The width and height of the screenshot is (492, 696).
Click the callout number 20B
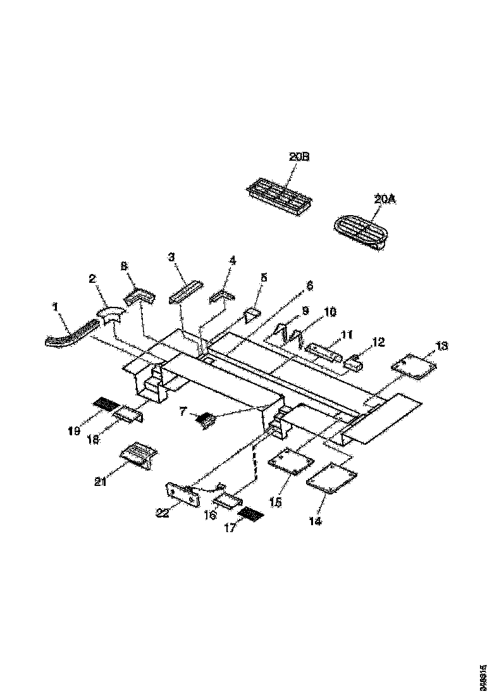click(x=298, y=157)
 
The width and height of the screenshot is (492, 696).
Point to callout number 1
click(x=56, y=308)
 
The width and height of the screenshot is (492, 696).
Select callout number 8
click(x=124, y=267)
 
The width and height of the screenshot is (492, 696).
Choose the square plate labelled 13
click(x=414, y=367)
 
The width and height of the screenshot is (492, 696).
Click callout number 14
click(x=314, y=521)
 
